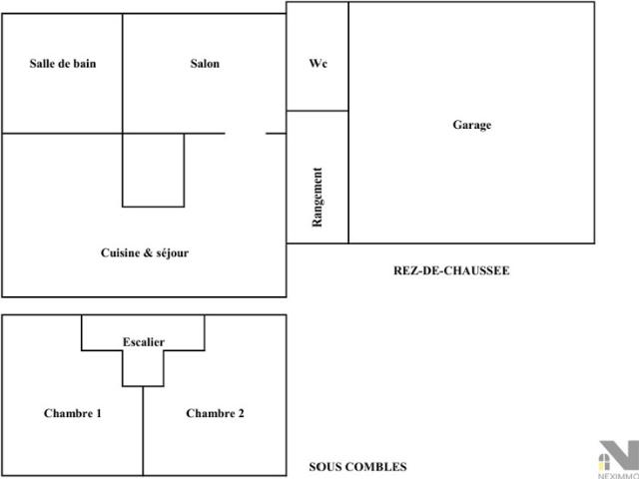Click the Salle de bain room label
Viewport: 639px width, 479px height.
pos(63,64)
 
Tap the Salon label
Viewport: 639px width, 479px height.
pos(205,64)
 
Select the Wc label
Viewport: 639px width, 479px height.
pos(318,64)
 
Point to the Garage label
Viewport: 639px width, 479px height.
pos(472,125)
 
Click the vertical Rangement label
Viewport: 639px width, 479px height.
pos(318,198)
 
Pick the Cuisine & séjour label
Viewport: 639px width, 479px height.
pos(145,252)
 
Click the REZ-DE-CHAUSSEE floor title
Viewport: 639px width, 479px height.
pos(451,270)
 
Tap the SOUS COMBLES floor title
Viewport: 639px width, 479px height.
pos(357,467)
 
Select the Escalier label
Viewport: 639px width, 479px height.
pos(144,342)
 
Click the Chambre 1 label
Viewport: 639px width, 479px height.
pos(73,413)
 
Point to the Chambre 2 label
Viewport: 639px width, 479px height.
pos(216,413)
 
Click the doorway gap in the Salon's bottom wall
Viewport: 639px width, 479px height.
pos(246,133)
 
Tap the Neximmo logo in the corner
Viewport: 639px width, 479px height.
pos(618,459)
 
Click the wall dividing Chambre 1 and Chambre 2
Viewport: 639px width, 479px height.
pos(143,431)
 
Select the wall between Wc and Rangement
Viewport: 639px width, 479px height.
pos(318,111)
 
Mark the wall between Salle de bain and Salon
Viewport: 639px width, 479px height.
pos(122,73)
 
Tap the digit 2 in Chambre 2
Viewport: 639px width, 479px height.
pos(241,413)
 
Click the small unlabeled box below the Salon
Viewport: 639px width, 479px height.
pos(153,170)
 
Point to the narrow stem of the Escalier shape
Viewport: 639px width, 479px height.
pos(143,368)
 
